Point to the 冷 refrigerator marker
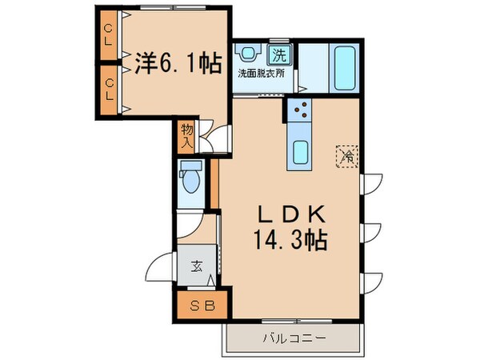tap(348, 154)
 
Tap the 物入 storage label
tap(186, 134)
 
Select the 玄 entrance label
tap(197, 267)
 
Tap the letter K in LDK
tap(315, 214)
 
